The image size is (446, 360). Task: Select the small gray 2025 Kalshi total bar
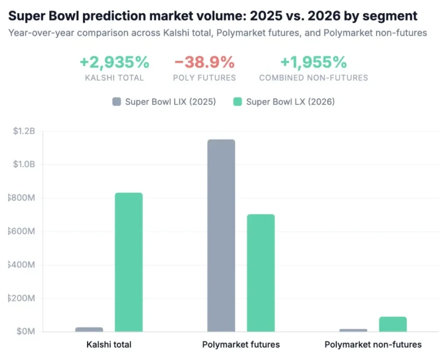pos(89,330)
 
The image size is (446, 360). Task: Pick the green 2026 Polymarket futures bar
pos(261,273)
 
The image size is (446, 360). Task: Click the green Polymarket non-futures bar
pos(393,324)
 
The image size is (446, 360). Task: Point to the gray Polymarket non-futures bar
pos(353,330)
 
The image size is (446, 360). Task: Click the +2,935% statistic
pos(115,62)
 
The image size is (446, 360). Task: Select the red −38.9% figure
pos(204,62)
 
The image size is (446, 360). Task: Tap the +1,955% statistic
pos(313,62)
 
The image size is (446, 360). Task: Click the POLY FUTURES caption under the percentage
pos(204,77)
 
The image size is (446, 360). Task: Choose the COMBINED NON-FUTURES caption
pos(313,77)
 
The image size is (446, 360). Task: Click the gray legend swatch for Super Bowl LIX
pos(117,102)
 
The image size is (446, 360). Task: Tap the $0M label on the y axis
pos(26,332)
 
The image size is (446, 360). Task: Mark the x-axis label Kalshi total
pos(109,345)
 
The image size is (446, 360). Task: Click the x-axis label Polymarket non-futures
pos(373,345)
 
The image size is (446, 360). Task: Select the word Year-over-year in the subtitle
pos(38,33)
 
